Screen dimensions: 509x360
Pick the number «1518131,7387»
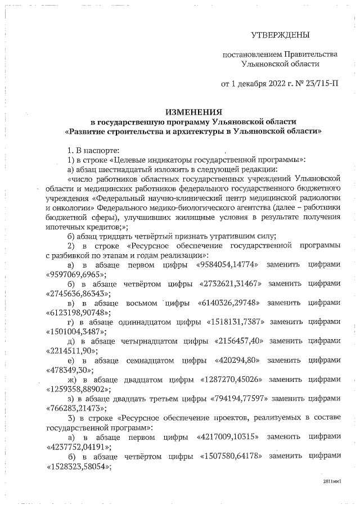[x=235, y=323]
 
